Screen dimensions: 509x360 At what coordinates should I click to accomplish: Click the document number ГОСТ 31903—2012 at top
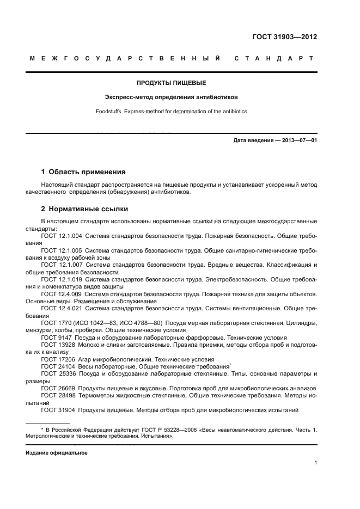click(284, 38)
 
